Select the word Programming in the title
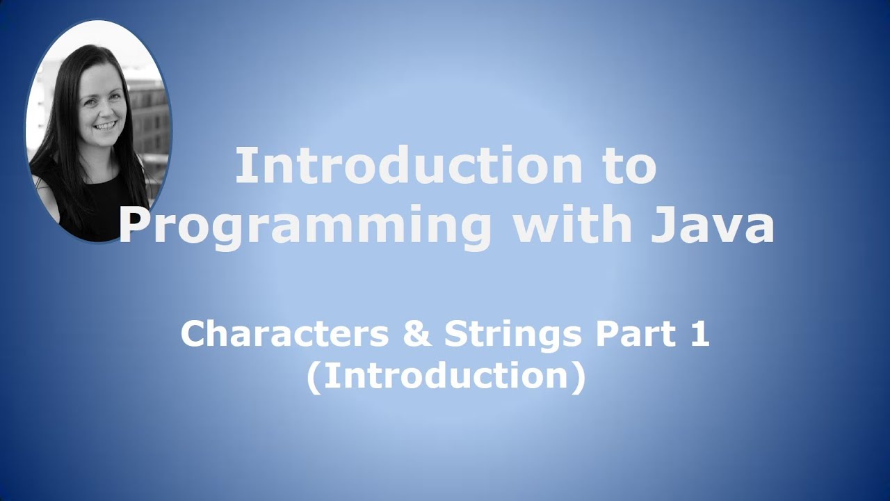tap(306, 226)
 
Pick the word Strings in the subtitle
tap(512, 335)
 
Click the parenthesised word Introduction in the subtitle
tap(446, 376)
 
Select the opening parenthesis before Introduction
tap(314, 377)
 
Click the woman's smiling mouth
tap(105, 126)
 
